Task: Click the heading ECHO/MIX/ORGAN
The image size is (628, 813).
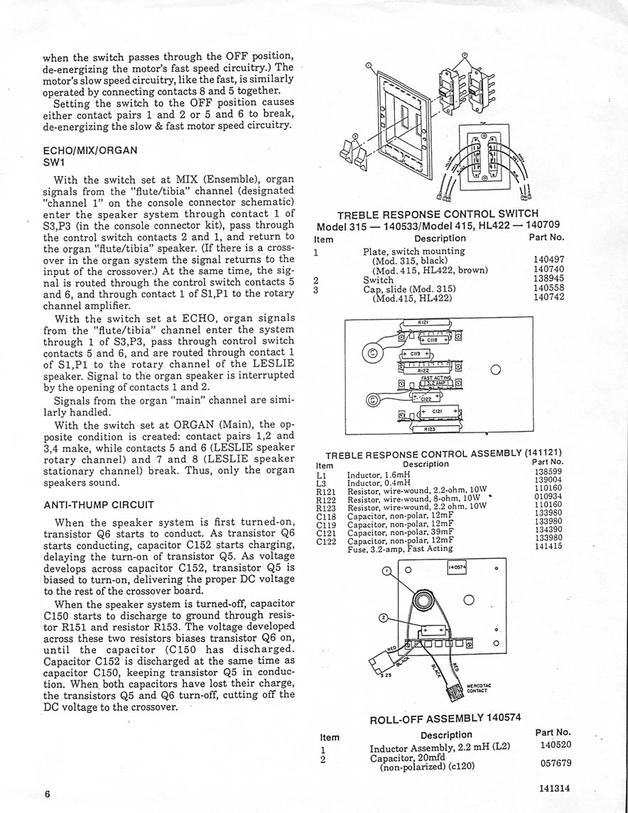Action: pyautogui.click(x=90, y=151)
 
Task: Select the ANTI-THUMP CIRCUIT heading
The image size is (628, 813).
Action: pyautogui.click(x=99, y=505)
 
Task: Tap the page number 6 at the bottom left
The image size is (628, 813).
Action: pyautogui.click(x=47, y=794)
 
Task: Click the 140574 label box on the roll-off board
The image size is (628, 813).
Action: pyautogui.click(x=456, y=567)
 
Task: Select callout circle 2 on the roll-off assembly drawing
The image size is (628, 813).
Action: pyautogui.click(x=384, y=618)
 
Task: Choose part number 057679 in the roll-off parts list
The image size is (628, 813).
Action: pyautogui.click(x=554, y=763)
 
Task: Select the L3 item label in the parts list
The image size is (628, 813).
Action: pyautogui.click(x=319, y=484)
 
